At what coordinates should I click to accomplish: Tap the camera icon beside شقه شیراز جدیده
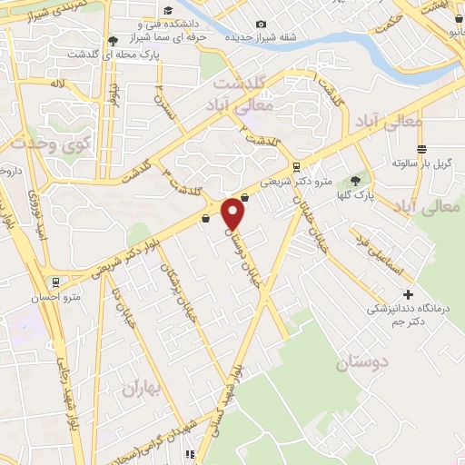pos(262,24)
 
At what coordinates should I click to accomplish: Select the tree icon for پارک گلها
pos(355,181)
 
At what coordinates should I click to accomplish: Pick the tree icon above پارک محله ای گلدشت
pos(112,41)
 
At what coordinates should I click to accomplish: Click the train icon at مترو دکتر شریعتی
pos(297,165)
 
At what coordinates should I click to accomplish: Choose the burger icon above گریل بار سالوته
pos(420,149)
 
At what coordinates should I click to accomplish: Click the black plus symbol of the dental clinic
pos(408,294)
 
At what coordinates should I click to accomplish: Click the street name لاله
pos(58,84)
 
